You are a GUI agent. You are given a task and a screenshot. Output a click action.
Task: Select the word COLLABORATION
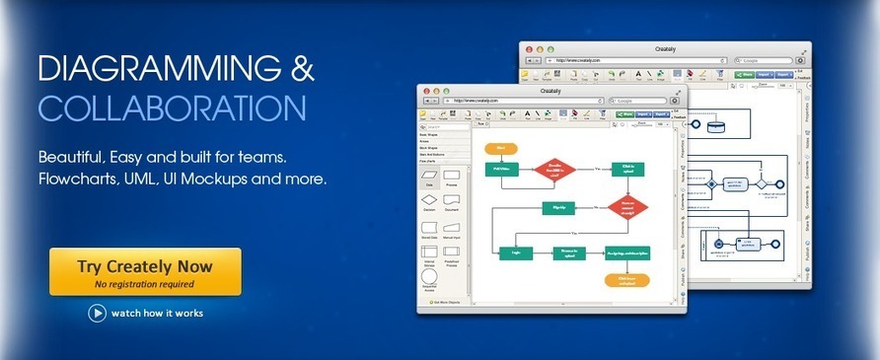[172, 108]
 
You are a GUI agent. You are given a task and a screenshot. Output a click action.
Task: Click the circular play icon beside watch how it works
[97, 313]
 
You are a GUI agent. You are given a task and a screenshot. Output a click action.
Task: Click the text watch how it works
[157, 314]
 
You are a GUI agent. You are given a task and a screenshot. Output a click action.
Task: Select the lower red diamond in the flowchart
[628, 208]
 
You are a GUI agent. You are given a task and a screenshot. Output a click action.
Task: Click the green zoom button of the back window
[550, 48]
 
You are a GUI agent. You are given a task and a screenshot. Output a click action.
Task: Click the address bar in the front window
[524, 101]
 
